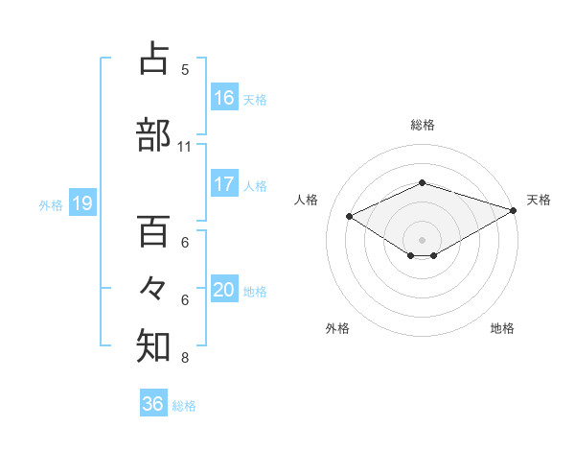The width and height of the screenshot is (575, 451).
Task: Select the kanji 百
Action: pos(153,230)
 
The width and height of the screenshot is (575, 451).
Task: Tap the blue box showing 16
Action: pos(224,97)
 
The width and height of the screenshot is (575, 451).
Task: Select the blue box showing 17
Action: pos(224,184)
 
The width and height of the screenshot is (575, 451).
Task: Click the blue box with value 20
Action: pos(224,290)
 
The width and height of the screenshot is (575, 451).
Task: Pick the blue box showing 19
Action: pos(81,203)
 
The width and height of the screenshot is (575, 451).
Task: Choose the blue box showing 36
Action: pos(153,404)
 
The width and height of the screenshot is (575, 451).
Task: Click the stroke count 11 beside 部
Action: pos(184,146)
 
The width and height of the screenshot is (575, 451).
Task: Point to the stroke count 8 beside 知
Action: pos(184,359)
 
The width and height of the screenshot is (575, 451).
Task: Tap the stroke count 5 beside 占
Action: pos(184,69)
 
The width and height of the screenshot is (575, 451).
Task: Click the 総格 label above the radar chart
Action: pos(422,125)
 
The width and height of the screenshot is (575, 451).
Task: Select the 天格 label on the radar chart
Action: pos(539,200)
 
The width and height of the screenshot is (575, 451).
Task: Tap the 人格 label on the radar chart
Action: pos(306,200)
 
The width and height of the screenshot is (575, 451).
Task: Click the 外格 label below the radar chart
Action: pos(337,328)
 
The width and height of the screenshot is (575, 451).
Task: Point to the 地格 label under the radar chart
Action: pos(502,328)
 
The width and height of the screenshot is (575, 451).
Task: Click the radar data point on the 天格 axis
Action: pos(515,211)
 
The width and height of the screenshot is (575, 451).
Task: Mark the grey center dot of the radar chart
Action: pos(422,239)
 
